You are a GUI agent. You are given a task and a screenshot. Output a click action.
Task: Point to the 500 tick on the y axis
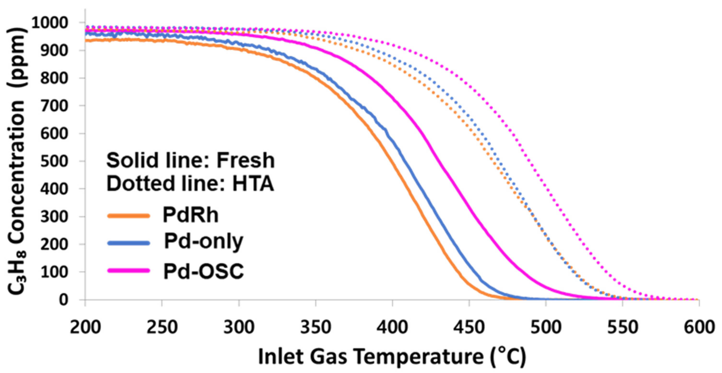point(54,161)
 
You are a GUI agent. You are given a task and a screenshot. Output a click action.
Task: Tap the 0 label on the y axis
point(63,300)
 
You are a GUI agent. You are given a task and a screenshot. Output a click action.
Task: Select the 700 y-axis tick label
point(54,106)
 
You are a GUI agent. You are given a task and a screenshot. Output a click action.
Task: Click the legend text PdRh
point(191,215)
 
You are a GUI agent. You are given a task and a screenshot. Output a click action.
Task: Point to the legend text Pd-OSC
point(204,271)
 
